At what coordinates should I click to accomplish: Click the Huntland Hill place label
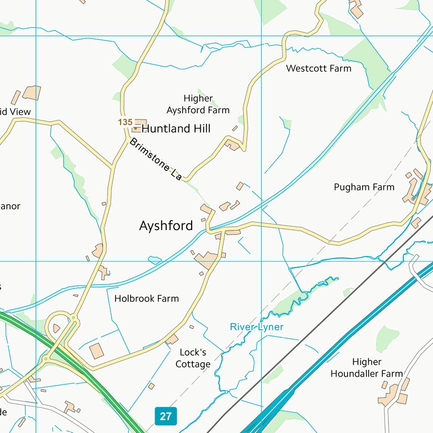coord(175,129)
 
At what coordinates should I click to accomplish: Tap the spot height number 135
coord(125,122)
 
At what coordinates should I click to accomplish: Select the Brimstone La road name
coord(156,160)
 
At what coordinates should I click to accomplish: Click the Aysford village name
coord(166,226)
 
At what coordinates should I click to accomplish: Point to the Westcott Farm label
coord(319,68)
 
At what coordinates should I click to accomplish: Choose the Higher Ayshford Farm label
coord(198,104)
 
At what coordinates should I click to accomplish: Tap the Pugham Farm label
coord(364,187)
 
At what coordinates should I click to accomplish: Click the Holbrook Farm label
coord(146,298)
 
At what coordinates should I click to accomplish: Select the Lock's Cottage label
coord(193,358)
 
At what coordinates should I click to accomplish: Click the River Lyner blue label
coord(257,327)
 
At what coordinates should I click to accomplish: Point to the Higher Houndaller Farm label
coord(366,368)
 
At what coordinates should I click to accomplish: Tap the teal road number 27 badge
coord(165,417)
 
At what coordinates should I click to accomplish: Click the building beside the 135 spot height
coord(139,123)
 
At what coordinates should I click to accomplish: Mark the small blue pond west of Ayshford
coord(154,260)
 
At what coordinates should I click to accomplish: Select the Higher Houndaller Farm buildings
coord(394,395)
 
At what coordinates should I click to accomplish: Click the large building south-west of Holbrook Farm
coord(96,351)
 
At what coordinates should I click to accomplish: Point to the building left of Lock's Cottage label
coord(172,339)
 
